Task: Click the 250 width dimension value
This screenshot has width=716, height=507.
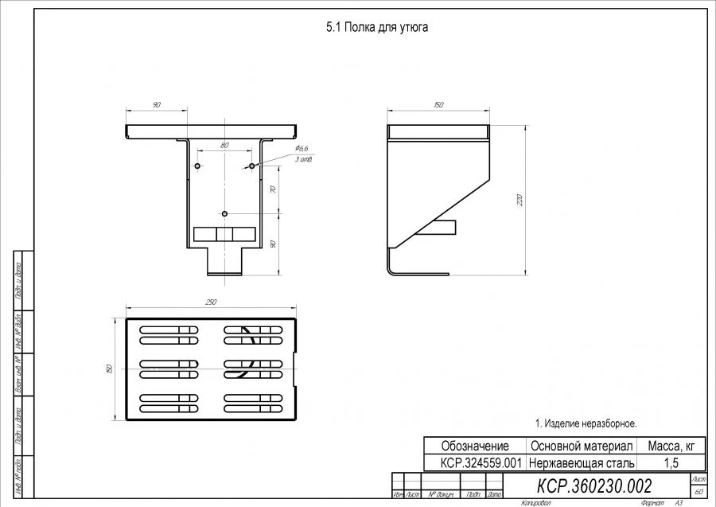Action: [211, 302]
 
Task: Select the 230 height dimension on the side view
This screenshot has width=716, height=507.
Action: [519, 199]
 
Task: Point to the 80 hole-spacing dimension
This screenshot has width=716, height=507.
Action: [224, 145]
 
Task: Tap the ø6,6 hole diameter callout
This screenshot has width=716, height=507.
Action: [301, 149]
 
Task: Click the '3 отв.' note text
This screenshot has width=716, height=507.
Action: [303, 160]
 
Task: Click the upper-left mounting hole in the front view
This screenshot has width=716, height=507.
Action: [198, 166]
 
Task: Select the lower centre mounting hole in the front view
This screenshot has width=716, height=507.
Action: [225, 213]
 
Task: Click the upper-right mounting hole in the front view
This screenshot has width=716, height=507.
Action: [251, 166]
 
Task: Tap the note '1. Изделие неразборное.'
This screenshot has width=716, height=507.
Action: [586, 423]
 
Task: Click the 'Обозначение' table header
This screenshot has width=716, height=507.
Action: [475, 446]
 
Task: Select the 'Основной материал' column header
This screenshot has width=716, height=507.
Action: [581, 446]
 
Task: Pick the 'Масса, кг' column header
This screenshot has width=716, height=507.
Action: [671, 446]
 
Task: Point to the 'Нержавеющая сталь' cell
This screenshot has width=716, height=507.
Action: [581, 462]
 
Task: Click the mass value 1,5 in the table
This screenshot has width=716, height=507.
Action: [671, 462]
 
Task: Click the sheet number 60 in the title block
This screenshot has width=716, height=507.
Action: [698, 492]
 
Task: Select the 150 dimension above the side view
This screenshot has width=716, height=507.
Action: [438, 105]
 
